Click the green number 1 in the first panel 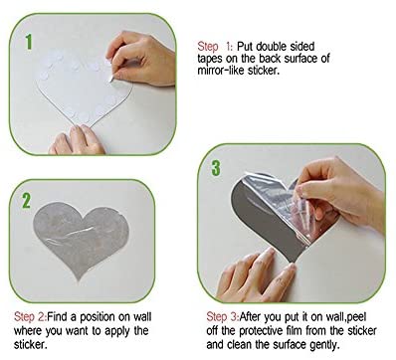click(x=29, y=42)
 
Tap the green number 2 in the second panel click(x=27, y=200)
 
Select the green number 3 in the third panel click(x=216, y=168)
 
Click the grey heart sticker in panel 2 click(x=81, y=237)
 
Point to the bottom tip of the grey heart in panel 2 click(x=79, y=279)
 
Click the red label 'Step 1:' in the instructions click(x=216, y=47)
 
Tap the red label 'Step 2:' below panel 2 click(x=30, y=317)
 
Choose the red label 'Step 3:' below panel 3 click(x=223, y=317)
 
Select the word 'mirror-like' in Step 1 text click(x=221, y=71)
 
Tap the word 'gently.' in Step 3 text click(x=325, y=345)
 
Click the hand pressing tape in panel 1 click(x=142, y=57)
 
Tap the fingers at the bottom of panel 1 click(x=77, y=140)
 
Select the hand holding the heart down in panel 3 click(x=257, y=275)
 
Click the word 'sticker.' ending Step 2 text click(x=31, y=345)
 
